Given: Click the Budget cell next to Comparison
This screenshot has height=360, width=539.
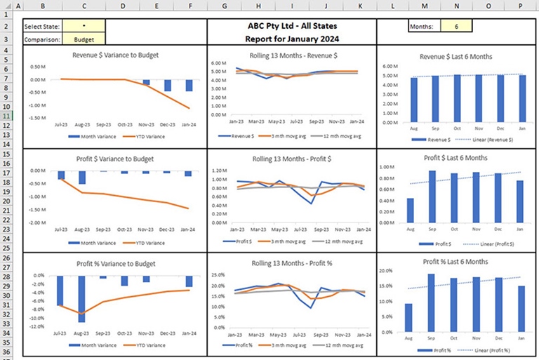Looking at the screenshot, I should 84,40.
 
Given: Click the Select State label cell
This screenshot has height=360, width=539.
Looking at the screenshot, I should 42,27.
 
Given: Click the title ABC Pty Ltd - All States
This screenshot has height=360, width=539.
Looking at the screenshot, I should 291,25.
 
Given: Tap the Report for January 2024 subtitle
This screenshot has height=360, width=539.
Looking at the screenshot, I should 291,39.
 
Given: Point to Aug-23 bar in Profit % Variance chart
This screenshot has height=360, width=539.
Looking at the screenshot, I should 82,298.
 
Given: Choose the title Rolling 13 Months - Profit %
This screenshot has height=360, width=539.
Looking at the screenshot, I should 291,264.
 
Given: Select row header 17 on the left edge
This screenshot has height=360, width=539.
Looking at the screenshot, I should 6,173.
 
